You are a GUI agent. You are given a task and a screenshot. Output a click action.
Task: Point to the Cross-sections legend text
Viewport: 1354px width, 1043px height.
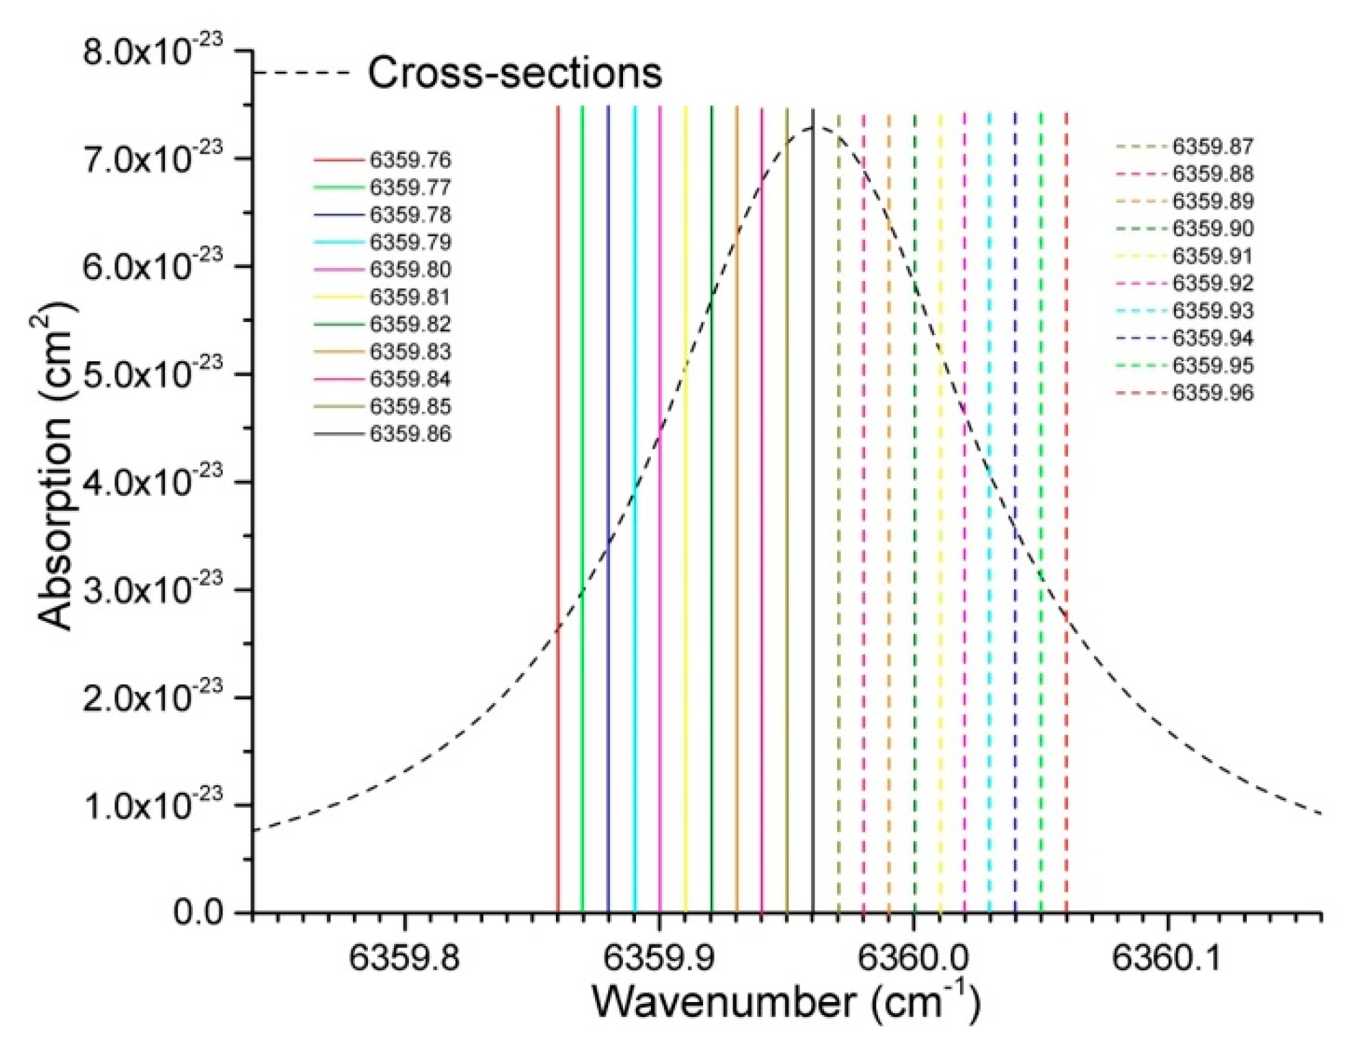(515, 72)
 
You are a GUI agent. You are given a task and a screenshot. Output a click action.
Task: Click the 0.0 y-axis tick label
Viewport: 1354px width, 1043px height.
(198, 913)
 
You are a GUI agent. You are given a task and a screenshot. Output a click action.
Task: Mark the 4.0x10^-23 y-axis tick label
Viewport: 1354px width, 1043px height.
(152, 481)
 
